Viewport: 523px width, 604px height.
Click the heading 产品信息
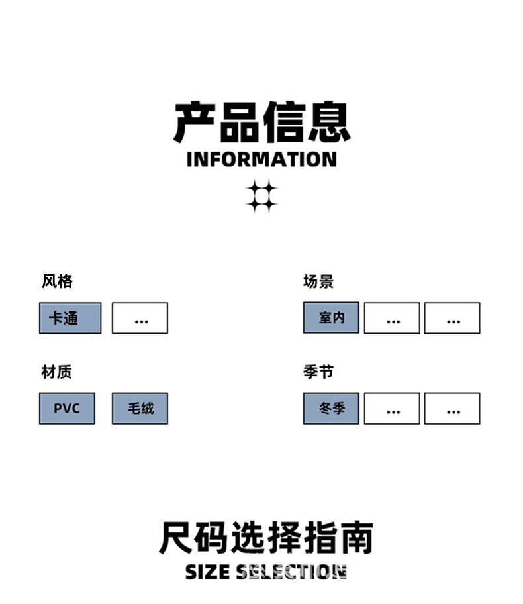pos(261,123)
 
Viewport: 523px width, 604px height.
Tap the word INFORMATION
pos(261,160)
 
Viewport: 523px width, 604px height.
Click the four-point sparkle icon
pos(261,197)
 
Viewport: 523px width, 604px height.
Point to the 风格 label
pos(57,281)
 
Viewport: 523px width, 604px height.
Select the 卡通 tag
pos(70,318)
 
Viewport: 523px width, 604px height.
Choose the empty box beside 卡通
pos(140,318)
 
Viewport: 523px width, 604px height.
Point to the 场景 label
pos(318,281)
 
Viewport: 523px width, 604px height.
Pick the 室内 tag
pos(331,318)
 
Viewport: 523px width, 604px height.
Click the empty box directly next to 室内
pos(392,318)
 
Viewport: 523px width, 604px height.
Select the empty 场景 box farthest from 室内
pos(452,318)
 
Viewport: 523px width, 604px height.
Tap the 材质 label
pos(56,372)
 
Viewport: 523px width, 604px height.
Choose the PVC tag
pos(67,408)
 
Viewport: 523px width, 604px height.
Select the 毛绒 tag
pos(140,408)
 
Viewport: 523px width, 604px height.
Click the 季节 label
pos(318,372)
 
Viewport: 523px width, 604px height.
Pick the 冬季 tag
pos(331,408)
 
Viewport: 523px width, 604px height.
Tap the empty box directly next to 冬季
pos(392,408)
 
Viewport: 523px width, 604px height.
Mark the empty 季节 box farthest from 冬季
pos(452,408)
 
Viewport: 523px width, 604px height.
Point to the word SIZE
pos(208,572)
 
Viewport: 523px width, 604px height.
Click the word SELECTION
pos(292,572)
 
